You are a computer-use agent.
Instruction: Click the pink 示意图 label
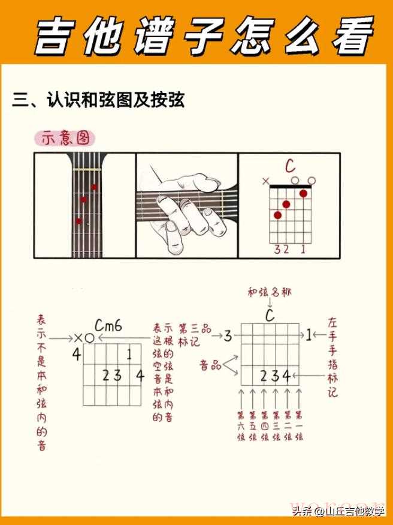click(x=65, y=139)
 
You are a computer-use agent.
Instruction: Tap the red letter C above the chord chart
click(x=290, y=166)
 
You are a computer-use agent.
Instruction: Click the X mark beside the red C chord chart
click(x=265, y=181)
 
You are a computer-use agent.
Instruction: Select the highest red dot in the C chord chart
click(x=303, y=193)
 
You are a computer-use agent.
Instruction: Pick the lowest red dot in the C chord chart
click(x=278, y=215)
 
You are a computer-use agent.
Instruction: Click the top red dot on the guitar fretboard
click(x=94, y=187)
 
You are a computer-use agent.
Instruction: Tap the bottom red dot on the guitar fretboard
click(x=78, y=221)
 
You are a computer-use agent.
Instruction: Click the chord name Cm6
click(x=108, y=325)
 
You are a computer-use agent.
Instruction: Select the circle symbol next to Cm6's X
click(x=89, y=338)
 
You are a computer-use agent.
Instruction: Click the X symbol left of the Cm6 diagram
click(x=78, y=338)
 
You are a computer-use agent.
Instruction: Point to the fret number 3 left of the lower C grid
click(x=228, y=335)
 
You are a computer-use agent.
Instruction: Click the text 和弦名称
click(x=270, y=292)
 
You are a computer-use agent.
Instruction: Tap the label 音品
click(x=210, y=365)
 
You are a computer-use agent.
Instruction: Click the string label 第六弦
click(x=241, y=425)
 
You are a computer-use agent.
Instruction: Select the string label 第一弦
click(x=299, y=425)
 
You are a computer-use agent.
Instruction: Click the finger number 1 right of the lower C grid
click(x=309, y=335)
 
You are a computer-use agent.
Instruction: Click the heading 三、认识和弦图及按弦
click(x=98, y=100)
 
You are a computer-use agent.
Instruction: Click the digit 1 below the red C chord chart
click(x=303, y=250)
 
